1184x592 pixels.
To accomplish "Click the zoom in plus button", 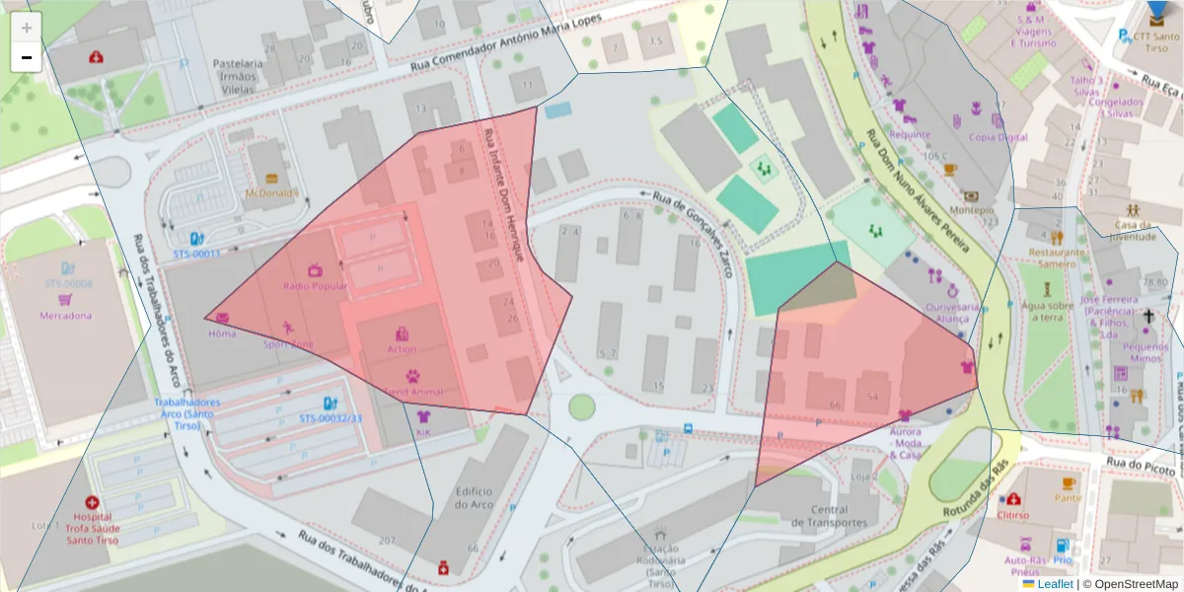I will [x=26, y=27].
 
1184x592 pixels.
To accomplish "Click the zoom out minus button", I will [x=26, y=57].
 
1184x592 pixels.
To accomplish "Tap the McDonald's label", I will [x=271, y=192].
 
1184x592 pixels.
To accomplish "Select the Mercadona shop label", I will [x=65, y=316].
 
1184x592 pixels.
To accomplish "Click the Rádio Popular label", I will [x=315, y=286].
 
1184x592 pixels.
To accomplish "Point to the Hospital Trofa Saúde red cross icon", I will [x=93, y=502].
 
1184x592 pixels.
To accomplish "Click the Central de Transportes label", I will [x=836, y=516].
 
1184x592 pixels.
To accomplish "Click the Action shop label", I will [x=402, y=348].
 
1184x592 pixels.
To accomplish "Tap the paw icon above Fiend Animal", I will [x=411, y=376].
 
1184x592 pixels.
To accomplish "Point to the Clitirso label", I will [x=1013, y=515].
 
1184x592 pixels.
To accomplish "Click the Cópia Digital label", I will [x=999, y=137].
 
